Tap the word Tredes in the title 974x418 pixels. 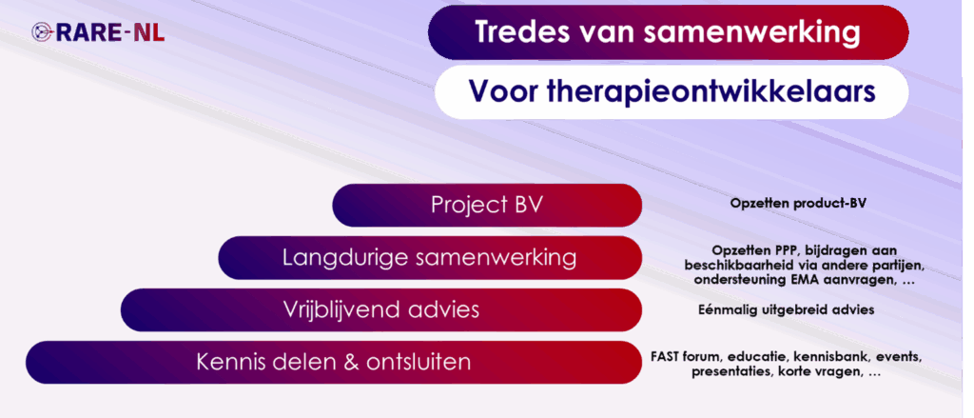click(516, 32)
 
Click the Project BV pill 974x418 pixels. click(487, 206)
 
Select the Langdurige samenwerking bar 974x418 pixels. click(430, 257)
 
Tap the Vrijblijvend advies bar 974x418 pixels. click(381, 309)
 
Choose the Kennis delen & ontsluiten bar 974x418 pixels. click(334, 362)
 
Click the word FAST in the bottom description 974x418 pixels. click(666, 358)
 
